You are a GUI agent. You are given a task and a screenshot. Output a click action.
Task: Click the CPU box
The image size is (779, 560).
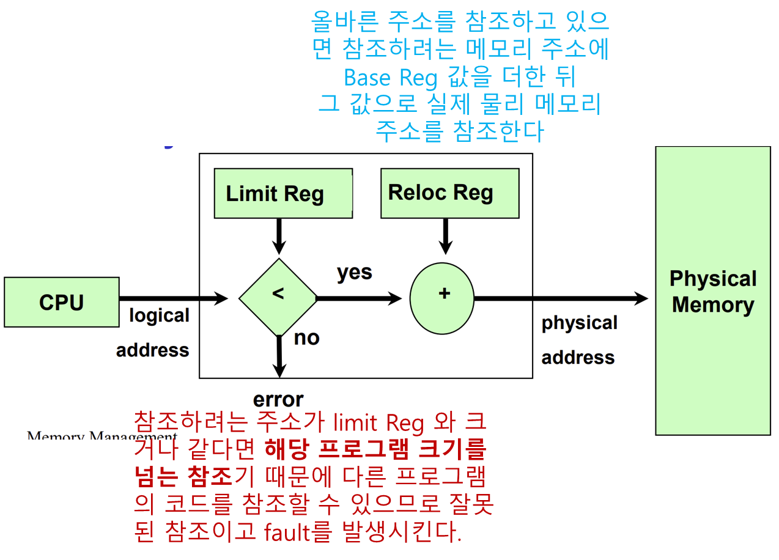click(x=61, y=302)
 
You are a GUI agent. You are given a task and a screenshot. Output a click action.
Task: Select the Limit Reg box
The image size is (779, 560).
click(x=283, y=193)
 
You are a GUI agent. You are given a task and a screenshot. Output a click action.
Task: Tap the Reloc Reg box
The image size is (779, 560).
click(x=449, y=193)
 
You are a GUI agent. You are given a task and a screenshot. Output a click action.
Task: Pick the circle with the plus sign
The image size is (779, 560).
click(x=442, y=298)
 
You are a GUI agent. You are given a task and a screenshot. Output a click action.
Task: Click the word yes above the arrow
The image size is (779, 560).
click(x=355, y=272)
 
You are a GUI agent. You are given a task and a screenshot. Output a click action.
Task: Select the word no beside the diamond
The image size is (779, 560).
click(x=306, y=337)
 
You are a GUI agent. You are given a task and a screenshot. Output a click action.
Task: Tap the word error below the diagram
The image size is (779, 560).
click(x=278, y=399)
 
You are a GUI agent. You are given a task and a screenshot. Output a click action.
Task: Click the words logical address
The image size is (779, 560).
click(x=153, y=333)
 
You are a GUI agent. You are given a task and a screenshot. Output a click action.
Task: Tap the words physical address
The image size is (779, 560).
click(x=579, y=340)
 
